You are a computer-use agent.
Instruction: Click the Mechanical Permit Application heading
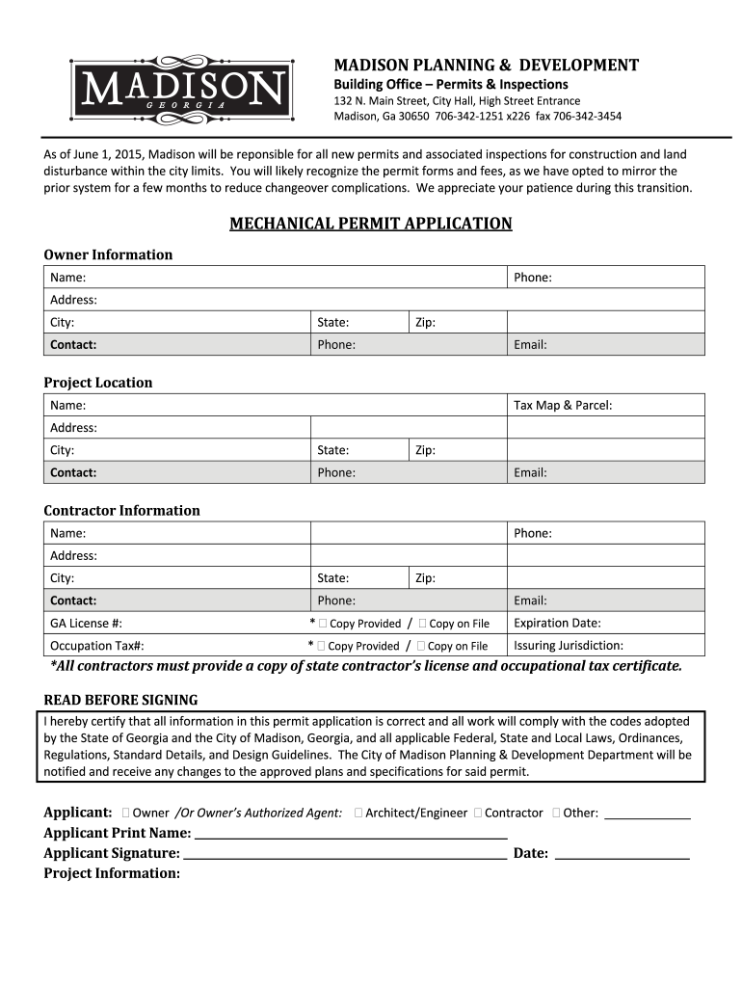pos(370,224)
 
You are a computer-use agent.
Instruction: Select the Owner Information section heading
pos(108,254)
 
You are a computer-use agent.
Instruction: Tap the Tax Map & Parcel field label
pos(563,406)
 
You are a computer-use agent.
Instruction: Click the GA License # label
pos(86,624)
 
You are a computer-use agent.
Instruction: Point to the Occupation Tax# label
pos(96,646)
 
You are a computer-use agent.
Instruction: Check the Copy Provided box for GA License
pos(322,624)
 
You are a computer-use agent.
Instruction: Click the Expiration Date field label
pos(557,623)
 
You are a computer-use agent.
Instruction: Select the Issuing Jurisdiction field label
pos(569,646)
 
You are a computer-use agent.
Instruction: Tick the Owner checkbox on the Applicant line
pos(126,813)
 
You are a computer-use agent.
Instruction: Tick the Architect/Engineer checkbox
pos(358,813)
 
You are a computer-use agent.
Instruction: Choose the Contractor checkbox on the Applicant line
pos(478,813)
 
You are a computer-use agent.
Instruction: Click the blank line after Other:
pos(647,814)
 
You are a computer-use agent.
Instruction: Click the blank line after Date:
pos(623,855)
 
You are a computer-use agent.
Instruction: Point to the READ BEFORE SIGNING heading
pos(120,700)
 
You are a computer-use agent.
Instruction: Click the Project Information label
pos(112,873)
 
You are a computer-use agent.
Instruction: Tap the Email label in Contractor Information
pos(530,600)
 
